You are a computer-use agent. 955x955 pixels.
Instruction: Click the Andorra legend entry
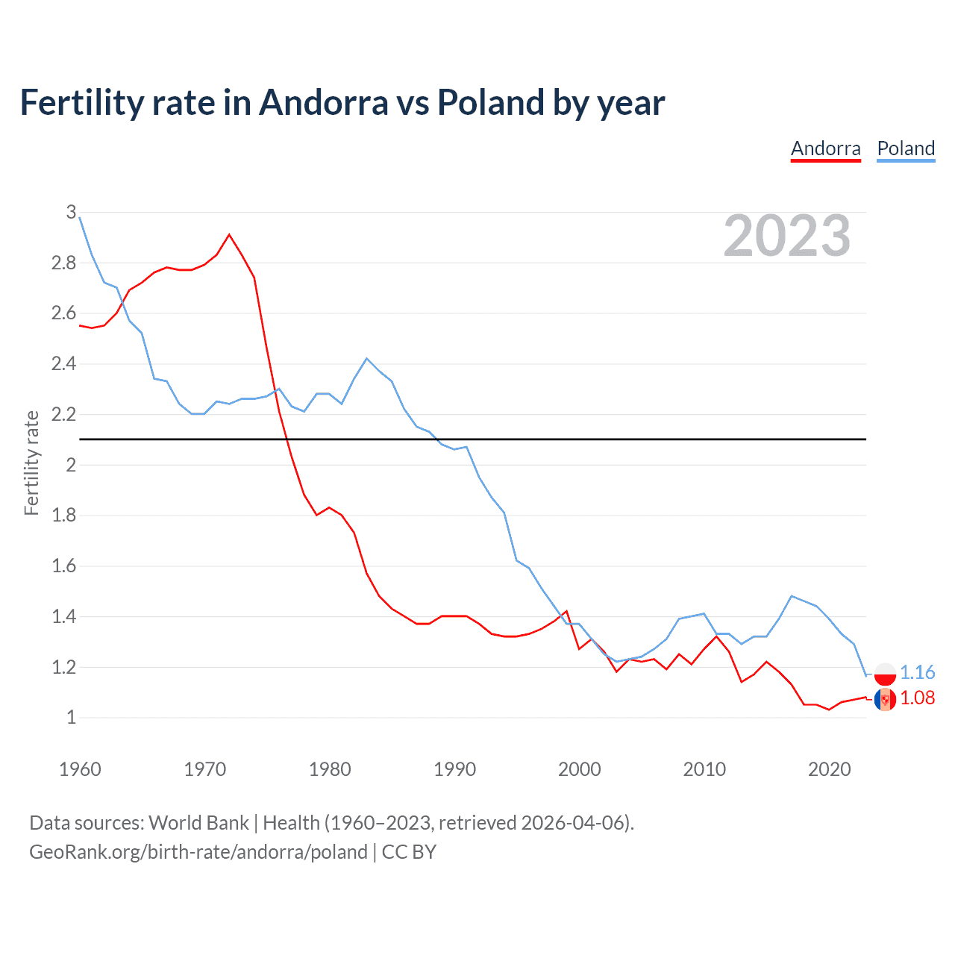[x=825, y=148]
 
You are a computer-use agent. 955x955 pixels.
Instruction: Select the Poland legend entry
[x=906, y=148]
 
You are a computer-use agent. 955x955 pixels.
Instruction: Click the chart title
[x=342, y=102]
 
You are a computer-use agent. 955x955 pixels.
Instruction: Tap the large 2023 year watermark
[x=786, y=236]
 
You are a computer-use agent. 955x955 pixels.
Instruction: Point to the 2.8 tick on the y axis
[x=64, y=263]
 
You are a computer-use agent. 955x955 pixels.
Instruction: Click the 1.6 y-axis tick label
[x=64, y=566]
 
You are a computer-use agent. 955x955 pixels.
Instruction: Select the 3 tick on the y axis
[x=71, y=212]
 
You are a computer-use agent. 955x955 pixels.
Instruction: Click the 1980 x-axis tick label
[x=329, y=769]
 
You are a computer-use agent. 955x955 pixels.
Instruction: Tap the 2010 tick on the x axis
[x=704, y=769]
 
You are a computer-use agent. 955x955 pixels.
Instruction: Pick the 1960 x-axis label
[x=80, y=769]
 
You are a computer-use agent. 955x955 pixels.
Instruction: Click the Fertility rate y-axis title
[x=31, y=463]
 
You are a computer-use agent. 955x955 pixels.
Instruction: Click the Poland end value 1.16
[x=917, y=672]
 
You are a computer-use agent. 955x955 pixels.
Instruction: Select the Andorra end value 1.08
[x=917, y=698]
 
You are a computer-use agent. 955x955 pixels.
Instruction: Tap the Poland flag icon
[x=885, y=674]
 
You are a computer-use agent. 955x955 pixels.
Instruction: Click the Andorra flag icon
[x=885, y=699]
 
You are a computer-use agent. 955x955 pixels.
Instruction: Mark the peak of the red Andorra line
[x=229, y=234]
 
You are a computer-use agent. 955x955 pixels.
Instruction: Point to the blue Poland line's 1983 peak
[x=366, y=358]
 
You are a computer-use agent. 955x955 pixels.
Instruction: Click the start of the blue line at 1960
[x=80, y=217]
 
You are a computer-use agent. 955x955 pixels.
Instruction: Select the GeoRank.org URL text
[x=198, y=852]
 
